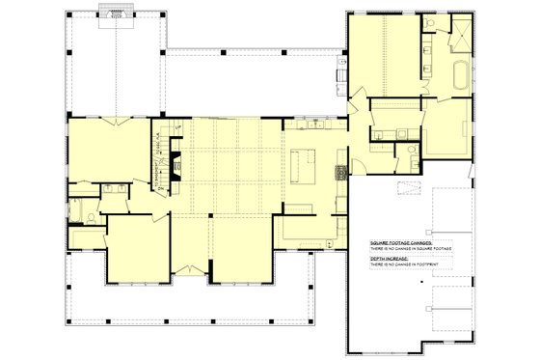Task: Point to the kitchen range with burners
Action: (339, 175)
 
